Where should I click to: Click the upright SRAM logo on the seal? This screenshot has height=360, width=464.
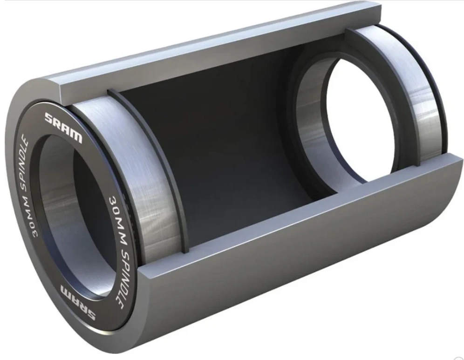point(63,127)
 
